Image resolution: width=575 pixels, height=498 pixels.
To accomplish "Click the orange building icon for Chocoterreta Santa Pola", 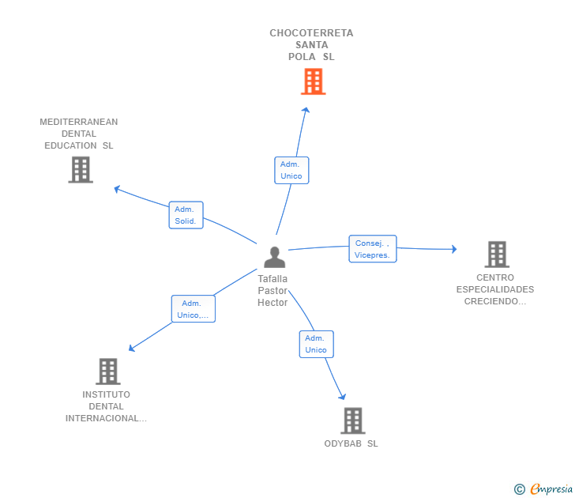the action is coord(313,81).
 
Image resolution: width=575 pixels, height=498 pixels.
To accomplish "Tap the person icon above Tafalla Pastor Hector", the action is coord(275,257).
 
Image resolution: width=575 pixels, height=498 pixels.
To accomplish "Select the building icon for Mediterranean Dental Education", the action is coord(81,169).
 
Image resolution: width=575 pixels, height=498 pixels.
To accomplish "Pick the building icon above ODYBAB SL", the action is coord(353,421).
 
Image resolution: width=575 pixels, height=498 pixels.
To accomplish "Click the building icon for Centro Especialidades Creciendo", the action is coord(497,254).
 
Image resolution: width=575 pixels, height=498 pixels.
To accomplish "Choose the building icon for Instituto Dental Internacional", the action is coord(108,372).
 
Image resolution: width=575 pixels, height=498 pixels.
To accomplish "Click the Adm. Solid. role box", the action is coord(186,215).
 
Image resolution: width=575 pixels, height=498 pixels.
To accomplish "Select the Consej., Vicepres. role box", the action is coord(373,249).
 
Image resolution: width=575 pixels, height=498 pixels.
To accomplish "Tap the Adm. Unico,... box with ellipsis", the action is coord(194,309).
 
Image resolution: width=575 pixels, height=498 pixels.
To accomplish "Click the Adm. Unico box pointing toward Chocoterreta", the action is coord(291,170).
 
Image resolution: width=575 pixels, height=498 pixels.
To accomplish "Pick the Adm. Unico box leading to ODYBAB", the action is coord(317,344).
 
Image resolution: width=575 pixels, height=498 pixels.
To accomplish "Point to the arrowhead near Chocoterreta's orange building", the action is coord(306,110).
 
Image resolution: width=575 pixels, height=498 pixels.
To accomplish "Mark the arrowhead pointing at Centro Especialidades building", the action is coord(454,249).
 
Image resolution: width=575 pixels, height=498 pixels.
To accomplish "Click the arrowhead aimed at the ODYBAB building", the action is coord(342,396).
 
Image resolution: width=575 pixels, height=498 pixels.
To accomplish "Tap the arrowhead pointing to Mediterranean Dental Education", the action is coord(118,189).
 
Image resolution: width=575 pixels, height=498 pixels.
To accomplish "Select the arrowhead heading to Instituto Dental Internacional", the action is coord(132,348).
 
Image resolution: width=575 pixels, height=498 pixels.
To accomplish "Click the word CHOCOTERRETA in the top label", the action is coord(311,33).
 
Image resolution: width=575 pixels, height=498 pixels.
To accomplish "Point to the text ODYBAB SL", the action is coord(351,443).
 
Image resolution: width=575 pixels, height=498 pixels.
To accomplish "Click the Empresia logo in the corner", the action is coord(543,489).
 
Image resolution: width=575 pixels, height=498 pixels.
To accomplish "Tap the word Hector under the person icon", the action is coord(272,303).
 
